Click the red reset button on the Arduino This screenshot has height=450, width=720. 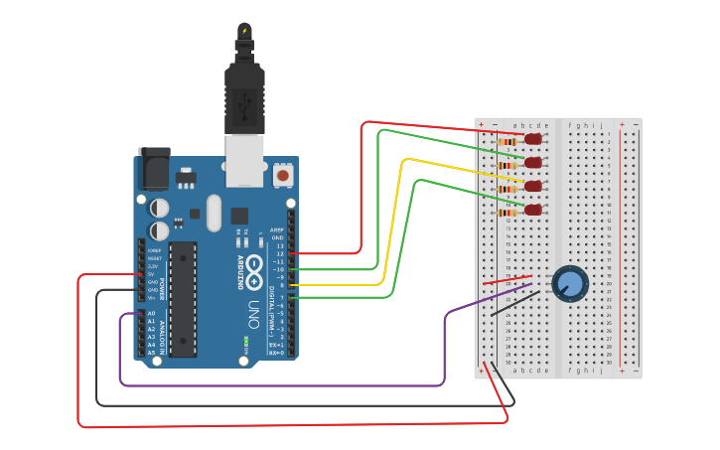point(283,175)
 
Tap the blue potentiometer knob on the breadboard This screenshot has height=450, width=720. point(571,284)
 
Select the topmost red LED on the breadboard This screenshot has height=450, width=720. point(533,139)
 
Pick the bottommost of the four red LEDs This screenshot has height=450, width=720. point(533,210)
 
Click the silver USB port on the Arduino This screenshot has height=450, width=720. point(244,159)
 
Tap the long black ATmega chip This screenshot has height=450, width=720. point(183,298)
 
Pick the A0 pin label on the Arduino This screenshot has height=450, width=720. point(151,314)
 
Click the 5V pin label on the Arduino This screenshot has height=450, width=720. point(152,274)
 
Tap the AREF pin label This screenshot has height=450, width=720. point(278,229)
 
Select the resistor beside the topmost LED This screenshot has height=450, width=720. point(508,142)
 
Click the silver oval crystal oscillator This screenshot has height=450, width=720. point(214,213)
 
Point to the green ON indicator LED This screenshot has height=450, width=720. point(245,342)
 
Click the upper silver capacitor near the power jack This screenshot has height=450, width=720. point(159,208)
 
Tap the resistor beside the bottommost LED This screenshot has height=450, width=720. point(508,213)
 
